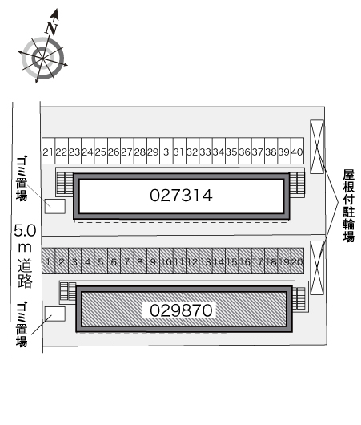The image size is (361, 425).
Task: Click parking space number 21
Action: click(48, 151)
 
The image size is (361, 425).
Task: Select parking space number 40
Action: click(297, 151)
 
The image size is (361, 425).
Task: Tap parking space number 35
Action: click(231, 151)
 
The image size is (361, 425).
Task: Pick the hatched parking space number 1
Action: click(48, 261)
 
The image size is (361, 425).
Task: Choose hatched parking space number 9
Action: click(153, 261)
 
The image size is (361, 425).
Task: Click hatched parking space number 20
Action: click(297, 261)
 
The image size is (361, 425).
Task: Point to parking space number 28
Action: click(140, 151)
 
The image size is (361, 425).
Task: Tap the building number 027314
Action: click(181, 196)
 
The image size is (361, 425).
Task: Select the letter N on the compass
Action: click(51, 28)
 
